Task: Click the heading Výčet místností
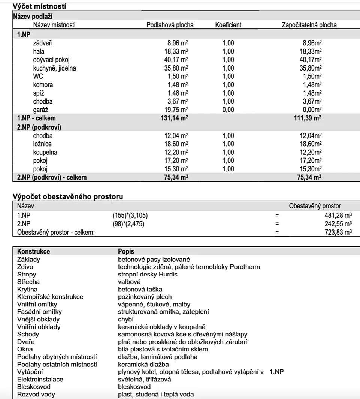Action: pyautogui.click(x=36, y=6)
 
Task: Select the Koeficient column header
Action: pyautogui.click(x=228, y=25)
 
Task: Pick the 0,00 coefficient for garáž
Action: pyautogui.click(x=228, y=109)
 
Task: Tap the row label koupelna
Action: pyautogui.click(x=45, y=152)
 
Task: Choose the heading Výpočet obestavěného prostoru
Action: pyautogui.click(x=68, y=196)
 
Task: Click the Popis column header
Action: pyautogui.click(x=126, y=251)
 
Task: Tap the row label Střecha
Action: pyautogui.click(x=28, y=281)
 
